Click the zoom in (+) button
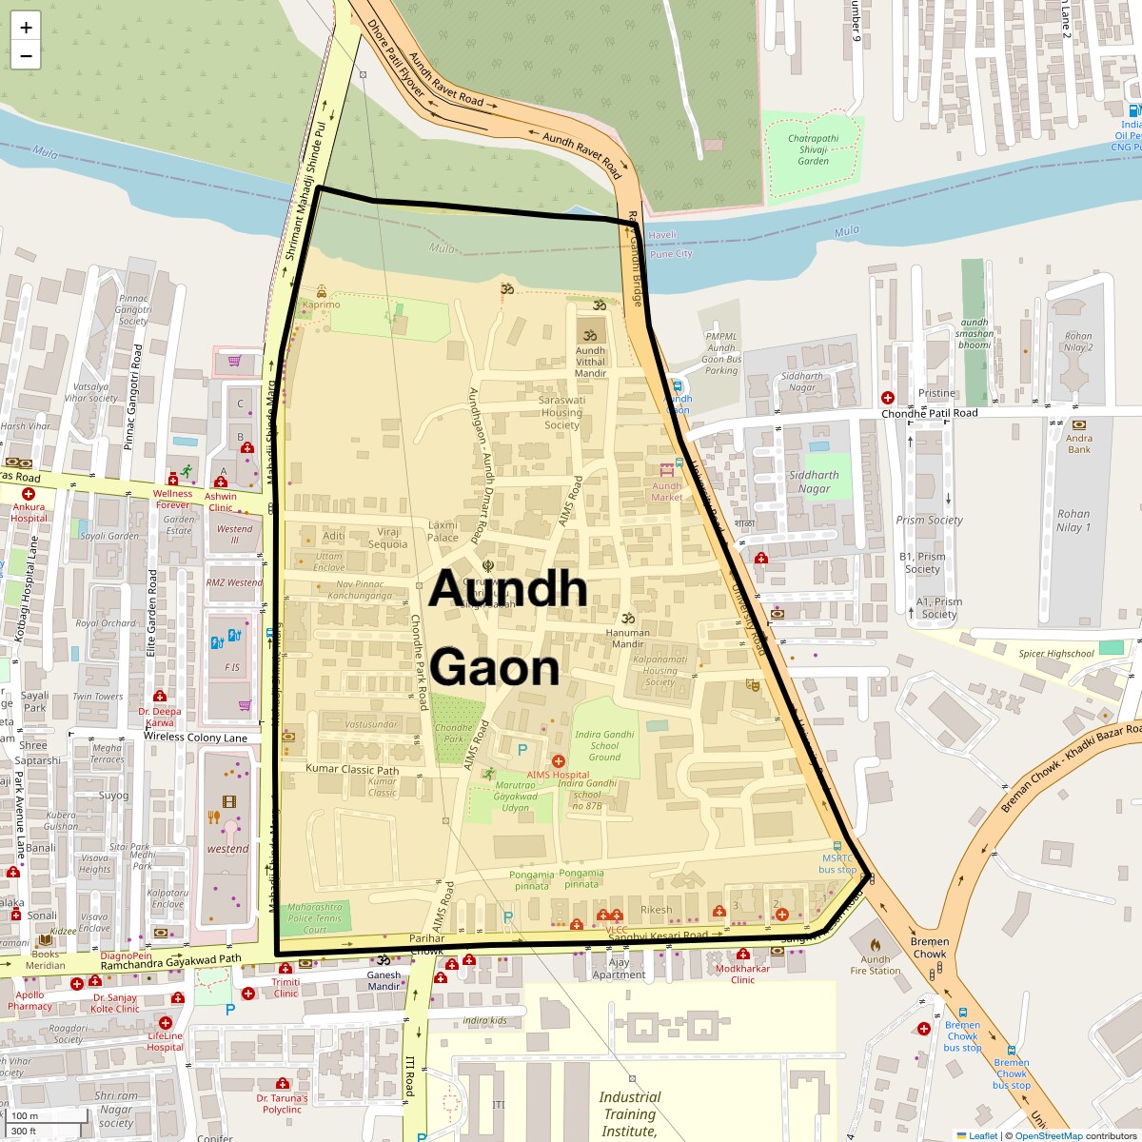[26, 28]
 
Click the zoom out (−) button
[26, 56]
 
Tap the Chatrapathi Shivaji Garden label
[813, 149]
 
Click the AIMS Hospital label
[558, 775]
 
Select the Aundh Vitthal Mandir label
[590, 362]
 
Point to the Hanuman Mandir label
[628, 638]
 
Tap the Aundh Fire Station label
[875, 965]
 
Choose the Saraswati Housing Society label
[561, 413]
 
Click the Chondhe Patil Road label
[929, 413]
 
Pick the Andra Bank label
[1079, 443]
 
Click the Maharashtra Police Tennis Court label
[315, 918]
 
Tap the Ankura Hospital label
[29, 513]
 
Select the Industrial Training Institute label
[629, 1113]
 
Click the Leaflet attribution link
[982, 1135]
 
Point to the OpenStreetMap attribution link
[1048, 1135]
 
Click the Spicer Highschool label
[1056, 654]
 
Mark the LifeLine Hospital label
[165, 1041]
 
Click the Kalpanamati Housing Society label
[660, 670]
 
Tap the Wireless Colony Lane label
[195, 738]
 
